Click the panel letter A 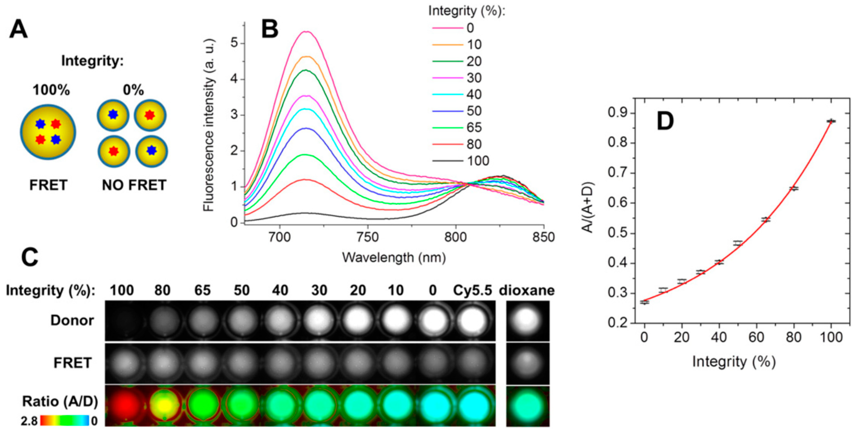19,29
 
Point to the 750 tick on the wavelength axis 367,237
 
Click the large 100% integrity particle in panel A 48,132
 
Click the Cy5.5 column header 472,291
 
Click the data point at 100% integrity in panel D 831,121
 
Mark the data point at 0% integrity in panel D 644,302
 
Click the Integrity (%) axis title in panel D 734,362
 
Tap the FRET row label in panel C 72,363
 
